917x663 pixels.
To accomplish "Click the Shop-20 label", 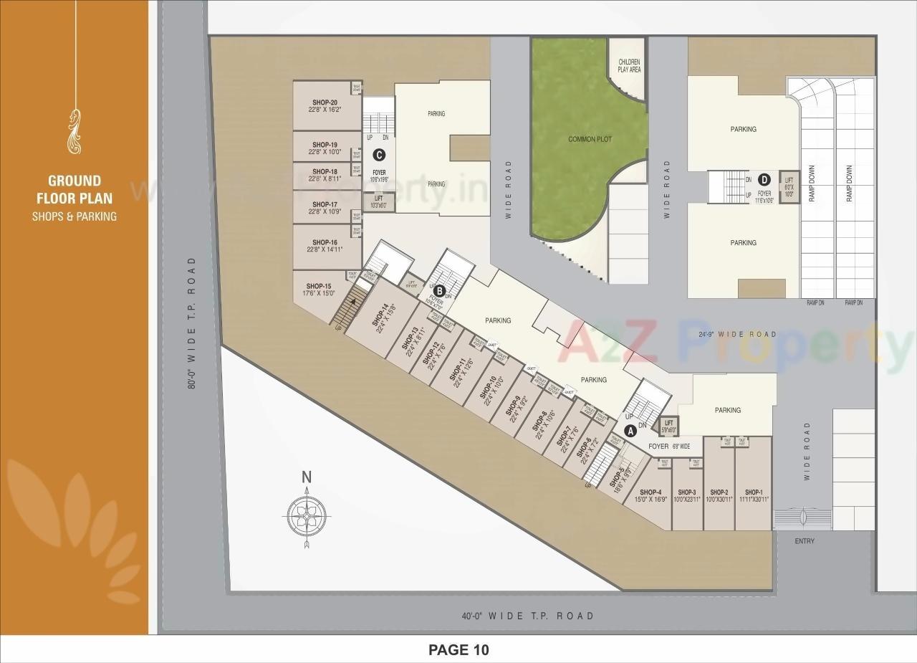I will (324, 102).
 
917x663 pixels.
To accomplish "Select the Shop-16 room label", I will (325, 242).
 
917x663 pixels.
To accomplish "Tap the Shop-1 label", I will (753, 492).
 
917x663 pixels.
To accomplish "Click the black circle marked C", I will (379, 154).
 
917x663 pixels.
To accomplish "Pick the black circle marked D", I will (764, 179).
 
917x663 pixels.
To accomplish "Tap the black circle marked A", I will (630, 431).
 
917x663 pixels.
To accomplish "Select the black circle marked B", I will (440, 290).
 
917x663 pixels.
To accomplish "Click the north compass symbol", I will (307, 513).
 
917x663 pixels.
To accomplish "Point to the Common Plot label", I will (590, 139).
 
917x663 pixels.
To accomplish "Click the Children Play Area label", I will (629, 66).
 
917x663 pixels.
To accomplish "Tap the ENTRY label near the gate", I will (805, 541).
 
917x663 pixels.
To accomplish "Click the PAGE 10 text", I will (458, 650).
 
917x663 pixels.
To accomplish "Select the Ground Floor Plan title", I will (75, 190).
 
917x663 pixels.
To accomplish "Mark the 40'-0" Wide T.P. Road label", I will (528, 616).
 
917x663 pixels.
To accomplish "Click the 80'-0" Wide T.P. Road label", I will (191, 323).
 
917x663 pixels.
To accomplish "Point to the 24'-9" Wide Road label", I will (737, 334).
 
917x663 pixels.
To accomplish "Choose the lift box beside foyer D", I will (789, 187).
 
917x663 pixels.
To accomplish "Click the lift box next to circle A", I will (669, 426).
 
